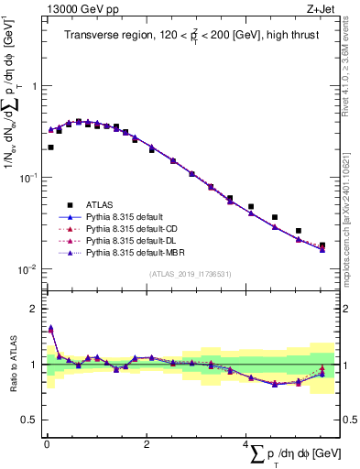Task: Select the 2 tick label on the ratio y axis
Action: [x=35, y=309]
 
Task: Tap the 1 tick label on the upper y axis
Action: [x=35, y=85]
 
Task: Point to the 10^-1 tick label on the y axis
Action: [x=30, y=177]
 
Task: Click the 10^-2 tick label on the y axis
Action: [x=30, y=269]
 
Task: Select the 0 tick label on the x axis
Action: [x=46, y=443]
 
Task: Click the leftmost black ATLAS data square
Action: [x=50, y=147]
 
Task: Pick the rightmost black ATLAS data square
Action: [x=322, y=245]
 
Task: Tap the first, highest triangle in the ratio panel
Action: [x=50, y=328]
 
